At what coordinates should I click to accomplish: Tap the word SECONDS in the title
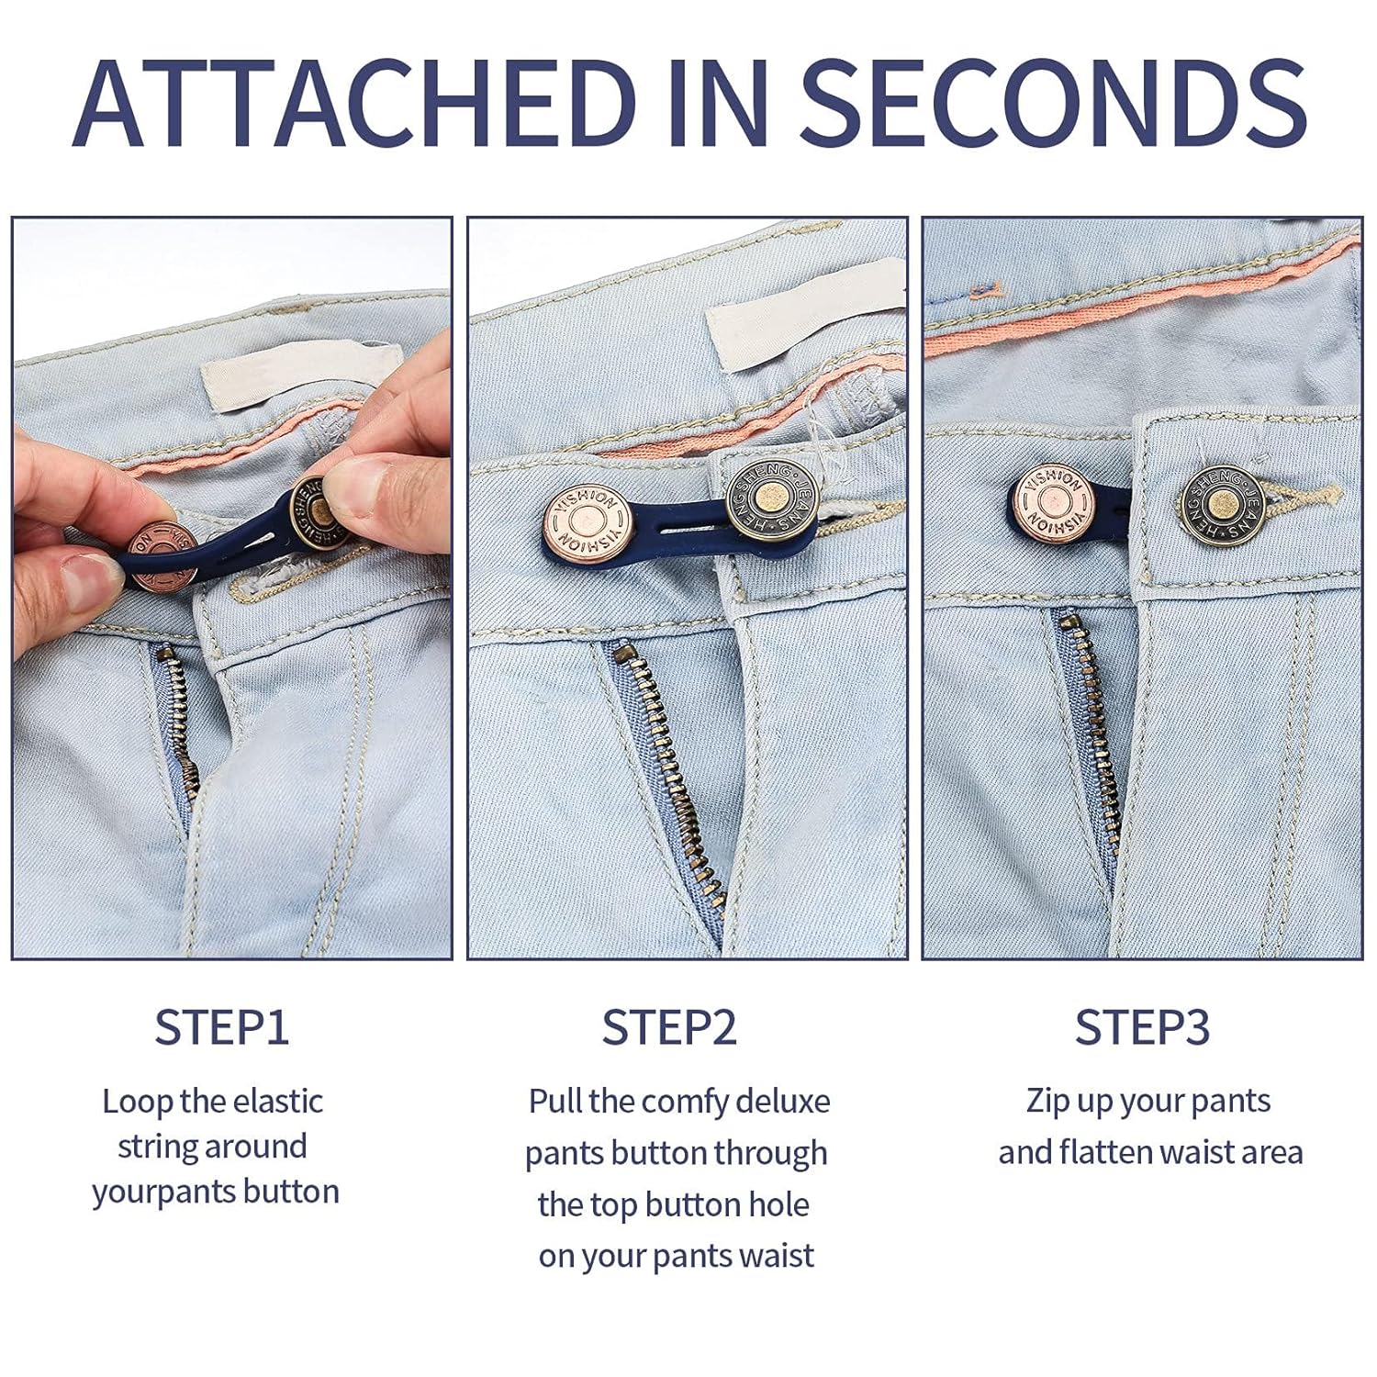click(1055, 102)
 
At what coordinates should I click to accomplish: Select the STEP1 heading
click(221, 1027)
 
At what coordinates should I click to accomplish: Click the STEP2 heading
click(669, 1027)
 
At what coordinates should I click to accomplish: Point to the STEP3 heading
click(1142, 1027)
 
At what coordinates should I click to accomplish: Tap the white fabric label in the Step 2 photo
click(806, 313)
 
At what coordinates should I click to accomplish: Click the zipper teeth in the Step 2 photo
click(666, 780)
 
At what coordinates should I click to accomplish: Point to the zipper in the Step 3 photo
click(1092, 725)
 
